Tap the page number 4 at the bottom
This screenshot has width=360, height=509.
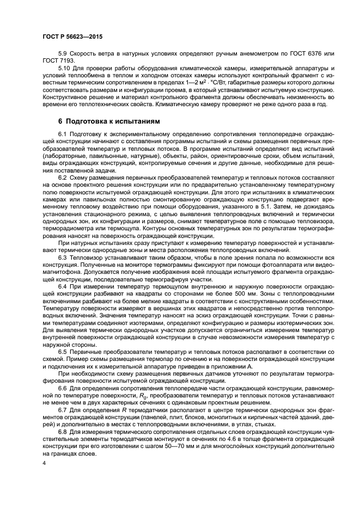[44, 463]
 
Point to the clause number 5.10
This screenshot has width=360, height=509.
[65, 68]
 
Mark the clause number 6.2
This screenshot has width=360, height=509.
[64, 178]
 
